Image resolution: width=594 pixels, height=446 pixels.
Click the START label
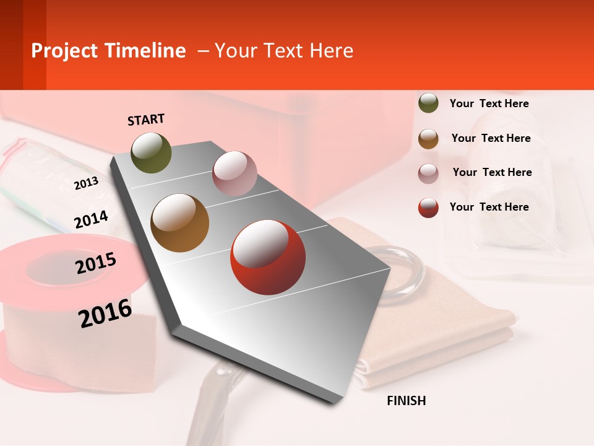[x=146, y=120]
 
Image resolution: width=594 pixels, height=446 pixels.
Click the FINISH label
[x=407, y=401]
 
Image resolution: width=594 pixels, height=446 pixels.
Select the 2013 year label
[x=86, y=183]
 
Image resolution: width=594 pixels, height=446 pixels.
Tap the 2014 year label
[x=91, y=220]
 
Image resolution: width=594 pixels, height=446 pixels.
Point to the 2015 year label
[x=96, y=263]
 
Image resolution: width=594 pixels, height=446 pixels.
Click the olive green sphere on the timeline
[x=152, y=152]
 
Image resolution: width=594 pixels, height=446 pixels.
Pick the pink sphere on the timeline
[x=235, y=173]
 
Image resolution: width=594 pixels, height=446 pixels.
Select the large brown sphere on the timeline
[x=180, y=223]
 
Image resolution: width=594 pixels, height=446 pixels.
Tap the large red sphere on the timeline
[x=268, y=257]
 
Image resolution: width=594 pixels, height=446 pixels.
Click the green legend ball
[x=428, y=103]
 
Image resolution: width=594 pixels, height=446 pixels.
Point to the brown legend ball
[x=428, y=139]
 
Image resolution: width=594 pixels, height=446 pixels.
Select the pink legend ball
[x=428, y=173]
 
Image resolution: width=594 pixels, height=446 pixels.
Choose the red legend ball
[x=428, y=208]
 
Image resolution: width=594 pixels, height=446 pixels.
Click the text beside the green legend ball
[x=489, y=103]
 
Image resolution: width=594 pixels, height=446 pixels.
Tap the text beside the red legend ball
[x=489, y=207]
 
